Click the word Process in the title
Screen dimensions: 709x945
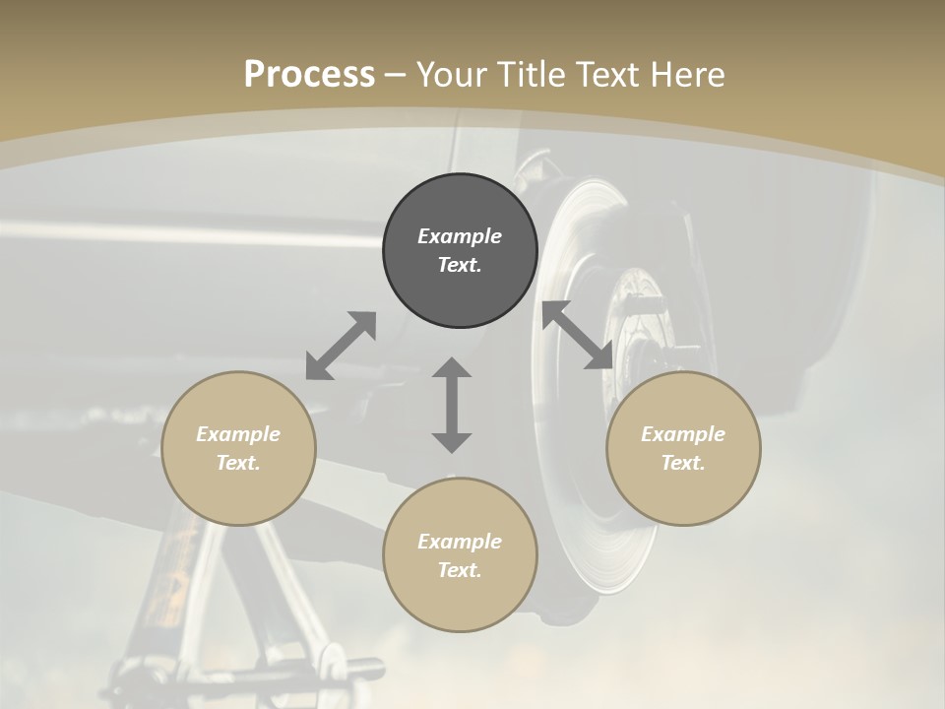(x=309, y=75)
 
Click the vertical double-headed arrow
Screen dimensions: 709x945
(x=452, y=405)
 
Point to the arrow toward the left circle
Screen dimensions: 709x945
(x=341, y=346)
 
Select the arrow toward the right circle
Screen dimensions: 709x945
(x=578, y=336)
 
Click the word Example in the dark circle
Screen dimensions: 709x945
(x=460, y=236)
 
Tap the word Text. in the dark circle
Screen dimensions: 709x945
(x=460, y=265)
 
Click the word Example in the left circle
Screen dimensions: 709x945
(x=238, y=434)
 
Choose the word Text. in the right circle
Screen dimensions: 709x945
(x=683, y=463)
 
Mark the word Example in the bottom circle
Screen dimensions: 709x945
(x=460, y=542)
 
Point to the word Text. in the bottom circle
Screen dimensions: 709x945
(x=460, y=570)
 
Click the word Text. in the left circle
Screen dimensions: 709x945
(x=238, y=463)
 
